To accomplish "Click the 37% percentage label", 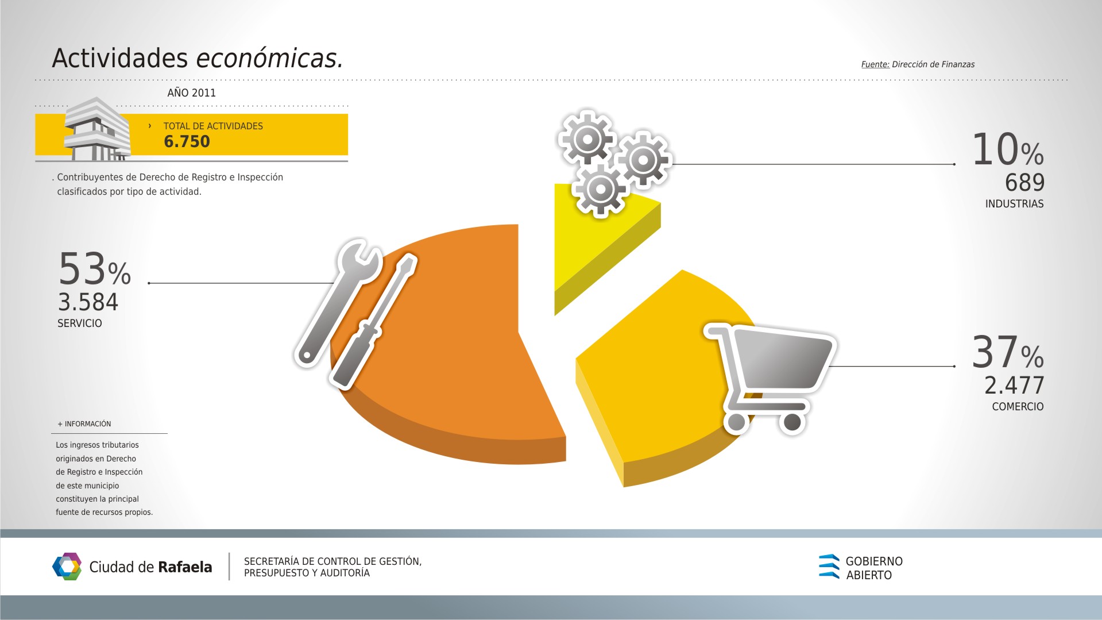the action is (1008, 352).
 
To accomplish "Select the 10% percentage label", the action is (1008, 149).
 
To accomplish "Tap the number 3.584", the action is (88, 302).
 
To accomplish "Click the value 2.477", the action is (1014, 386).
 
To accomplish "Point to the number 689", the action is (1024, 183).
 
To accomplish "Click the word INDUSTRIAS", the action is (1014, 204).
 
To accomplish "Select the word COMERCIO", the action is (1018, 407).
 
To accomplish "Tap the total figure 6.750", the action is (187, 142).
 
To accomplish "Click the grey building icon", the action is (96, 129).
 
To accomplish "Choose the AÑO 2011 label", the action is (191, 93).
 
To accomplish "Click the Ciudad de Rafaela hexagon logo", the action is (67, 567).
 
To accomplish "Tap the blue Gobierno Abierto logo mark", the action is (829, 566).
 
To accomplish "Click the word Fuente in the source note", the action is (875, 64).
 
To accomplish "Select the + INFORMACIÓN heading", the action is (84, 424).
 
